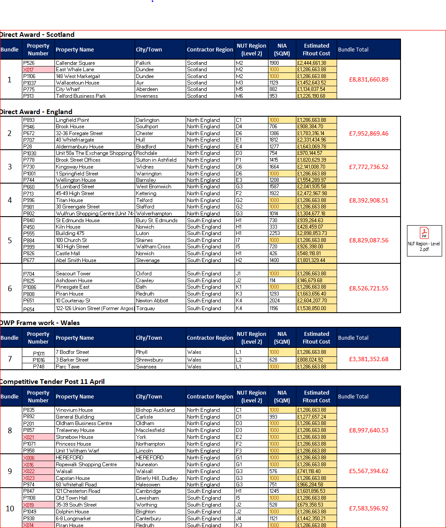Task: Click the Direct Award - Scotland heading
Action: [x=37, y=35]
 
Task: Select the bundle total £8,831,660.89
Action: [x=368, y=79]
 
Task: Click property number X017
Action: [x=29, y=69]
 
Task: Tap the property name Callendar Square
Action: [x=75, y=63]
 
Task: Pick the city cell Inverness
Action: [x=147, y=96]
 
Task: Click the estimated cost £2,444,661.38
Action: [x=312, y=63]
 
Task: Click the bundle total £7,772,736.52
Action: [x=368, y=167]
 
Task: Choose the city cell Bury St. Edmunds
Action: [x=157, y=220]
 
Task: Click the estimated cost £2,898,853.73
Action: [x=312, y=233]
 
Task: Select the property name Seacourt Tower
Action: [x=73, y=274]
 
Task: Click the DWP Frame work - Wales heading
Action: [x=40, y=323]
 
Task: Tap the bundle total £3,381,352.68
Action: [x=368, y=359]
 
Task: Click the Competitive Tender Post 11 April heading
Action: [x=52, y=382]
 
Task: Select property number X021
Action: [x=29, y=437]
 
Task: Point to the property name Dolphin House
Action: [x=72, y=512]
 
